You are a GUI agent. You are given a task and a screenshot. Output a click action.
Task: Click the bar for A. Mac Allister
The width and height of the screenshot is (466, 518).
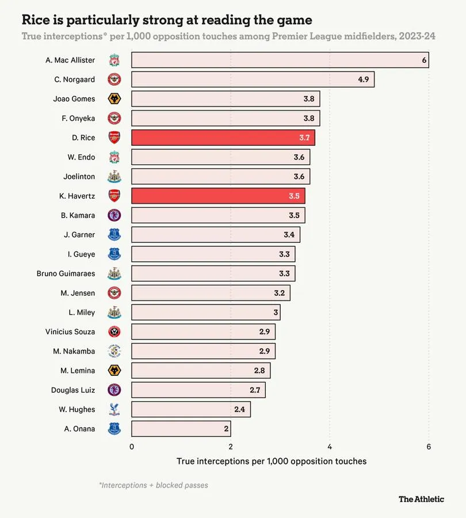point(280,60)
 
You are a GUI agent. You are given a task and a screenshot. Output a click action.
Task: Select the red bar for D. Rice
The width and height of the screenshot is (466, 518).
point(223,138)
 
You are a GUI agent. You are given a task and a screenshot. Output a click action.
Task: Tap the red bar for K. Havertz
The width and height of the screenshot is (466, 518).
point(218,196)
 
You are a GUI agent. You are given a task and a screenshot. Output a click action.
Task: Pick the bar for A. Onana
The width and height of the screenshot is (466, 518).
point(181,428)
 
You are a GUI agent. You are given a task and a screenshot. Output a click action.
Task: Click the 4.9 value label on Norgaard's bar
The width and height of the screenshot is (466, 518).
point(363,79)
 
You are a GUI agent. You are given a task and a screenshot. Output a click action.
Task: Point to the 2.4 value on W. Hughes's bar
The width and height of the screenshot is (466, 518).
point(240,409)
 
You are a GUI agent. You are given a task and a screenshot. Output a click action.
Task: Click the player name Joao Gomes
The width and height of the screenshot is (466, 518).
point(74,99)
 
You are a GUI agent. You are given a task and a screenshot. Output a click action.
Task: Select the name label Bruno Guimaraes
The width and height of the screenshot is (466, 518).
point(66,273)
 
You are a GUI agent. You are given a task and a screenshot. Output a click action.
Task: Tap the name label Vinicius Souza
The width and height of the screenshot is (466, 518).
point(70,332)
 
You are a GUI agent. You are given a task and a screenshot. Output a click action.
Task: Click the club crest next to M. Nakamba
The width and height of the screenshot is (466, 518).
point(114,351)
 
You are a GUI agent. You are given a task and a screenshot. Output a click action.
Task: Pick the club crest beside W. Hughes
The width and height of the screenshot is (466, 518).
point(114,409)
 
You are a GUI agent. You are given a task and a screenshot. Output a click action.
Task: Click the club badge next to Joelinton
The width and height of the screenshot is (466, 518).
point(114,177)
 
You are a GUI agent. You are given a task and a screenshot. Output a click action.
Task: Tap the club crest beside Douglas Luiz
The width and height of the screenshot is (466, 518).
point(114,390)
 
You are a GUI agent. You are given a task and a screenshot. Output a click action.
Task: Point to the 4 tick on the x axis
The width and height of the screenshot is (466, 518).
point(330,447)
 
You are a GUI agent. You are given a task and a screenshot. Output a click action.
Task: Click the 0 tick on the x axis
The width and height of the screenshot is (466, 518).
point(132,447)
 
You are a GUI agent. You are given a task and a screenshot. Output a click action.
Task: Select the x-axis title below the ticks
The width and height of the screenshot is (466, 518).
point(272,461)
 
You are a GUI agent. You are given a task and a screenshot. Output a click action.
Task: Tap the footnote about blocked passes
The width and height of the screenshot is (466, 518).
point(153,485)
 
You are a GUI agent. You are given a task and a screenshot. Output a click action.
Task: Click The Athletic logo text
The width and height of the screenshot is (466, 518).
point(421,499)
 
